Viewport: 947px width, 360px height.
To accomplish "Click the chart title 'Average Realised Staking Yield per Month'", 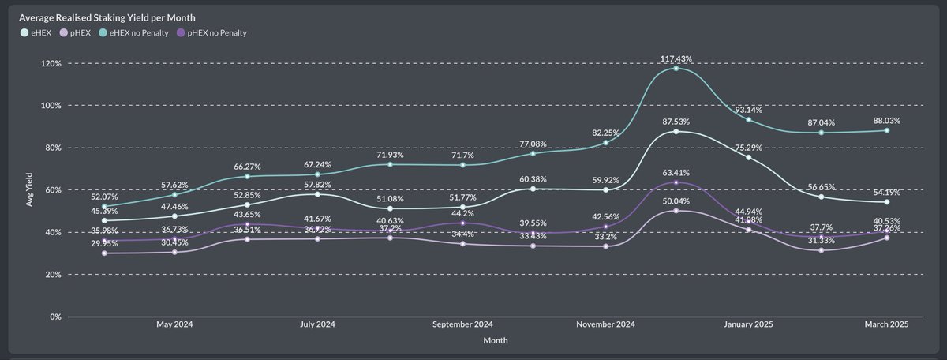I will pyautogui.click(x=108, y=17).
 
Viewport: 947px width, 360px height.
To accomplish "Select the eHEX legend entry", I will pyautogui.click(x=36, y=32).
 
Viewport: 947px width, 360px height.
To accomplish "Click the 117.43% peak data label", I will pyautogui.click(x=677, y=58).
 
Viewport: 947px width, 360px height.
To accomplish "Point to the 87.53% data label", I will pyautogui.click(x=677, y=122).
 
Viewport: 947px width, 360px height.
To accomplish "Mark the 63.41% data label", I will pyautogui.click(x=677, y=173).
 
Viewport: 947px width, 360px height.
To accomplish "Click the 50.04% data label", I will pyautogui.click(x=677, y=201).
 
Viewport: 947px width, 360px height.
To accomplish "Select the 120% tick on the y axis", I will pyautogui.click(x=51, y=63).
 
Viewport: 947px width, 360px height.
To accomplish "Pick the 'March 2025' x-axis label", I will pyautogui.click(x=887, y=324).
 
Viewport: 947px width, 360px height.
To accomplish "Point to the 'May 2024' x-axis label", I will pyautogui.click(x=175, y=324).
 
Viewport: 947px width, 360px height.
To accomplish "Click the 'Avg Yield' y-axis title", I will pyautogui.click(x=29, y=190).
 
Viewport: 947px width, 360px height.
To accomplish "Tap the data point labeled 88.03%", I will pyautogui.click(x=887, y=130).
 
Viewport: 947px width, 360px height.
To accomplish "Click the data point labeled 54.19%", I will pyautogui.click(x=887, y=202).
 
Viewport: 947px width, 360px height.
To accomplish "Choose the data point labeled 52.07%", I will pyautogui.click(x=104, y=206).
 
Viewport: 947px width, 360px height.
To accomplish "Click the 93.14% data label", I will pyautogui.click(x=748, y=109).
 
